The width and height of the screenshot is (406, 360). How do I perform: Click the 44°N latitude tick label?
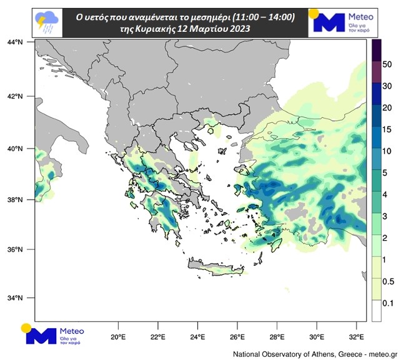pyautogui.click(x=15, y=42)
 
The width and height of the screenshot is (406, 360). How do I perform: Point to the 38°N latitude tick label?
pyautogui.click(x=15, y=200)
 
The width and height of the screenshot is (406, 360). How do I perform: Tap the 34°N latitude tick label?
pyautogui.click(x=15, y=298)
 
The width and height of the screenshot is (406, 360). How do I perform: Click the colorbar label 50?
pyautogui.click(x=387, y=64)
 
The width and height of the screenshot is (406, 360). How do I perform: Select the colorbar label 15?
pyautogui.click(x=387, y=129)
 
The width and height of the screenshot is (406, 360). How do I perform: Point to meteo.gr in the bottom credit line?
pyautogui.click(x=382, y=354)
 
